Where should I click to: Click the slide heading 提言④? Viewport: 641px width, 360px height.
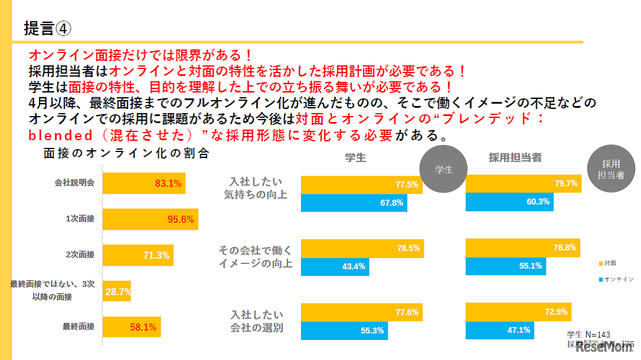pos(47,27)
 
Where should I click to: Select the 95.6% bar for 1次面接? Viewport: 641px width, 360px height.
pos(150,219)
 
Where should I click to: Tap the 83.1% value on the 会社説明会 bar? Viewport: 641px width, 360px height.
pos(168,183)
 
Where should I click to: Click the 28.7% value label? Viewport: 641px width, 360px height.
pos(118,292)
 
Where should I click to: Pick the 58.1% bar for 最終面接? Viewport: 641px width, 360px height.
pos(131,327)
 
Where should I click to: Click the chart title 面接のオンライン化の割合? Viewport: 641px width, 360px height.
pos(126,154)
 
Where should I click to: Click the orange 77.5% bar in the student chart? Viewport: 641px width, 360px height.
pos(361,184)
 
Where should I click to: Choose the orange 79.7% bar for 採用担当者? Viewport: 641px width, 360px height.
pos(523,184)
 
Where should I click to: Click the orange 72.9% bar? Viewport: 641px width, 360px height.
pos(518,312)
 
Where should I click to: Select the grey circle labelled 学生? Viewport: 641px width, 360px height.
pos(443,169)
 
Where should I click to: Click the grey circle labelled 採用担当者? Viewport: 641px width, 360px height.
pos(612,169)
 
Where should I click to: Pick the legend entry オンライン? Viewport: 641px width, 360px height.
pos(616,278)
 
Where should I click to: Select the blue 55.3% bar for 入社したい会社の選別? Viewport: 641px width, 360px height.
pos(345,331)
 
